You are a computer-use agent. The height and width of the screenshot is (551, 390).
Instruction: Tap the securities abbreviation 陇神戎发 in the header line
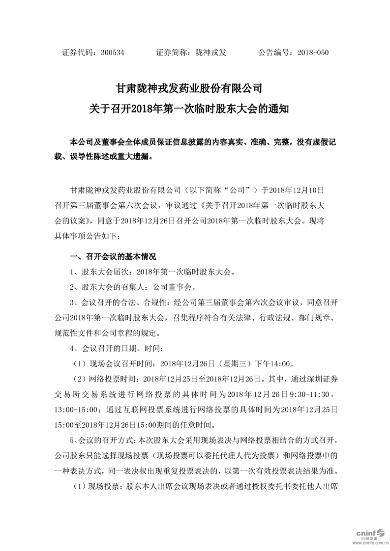[x=210, y=52]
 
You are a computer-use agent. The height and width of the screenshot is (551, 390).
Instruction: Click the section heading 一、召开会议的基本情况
[x=113, y=256]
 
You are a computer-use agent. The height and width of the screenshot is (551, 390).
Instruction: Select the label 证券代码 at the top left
[x=76, y=52]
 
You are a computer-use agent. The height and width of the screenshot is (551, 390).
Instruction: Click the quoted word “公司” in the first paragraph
[x=239, y=189]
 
